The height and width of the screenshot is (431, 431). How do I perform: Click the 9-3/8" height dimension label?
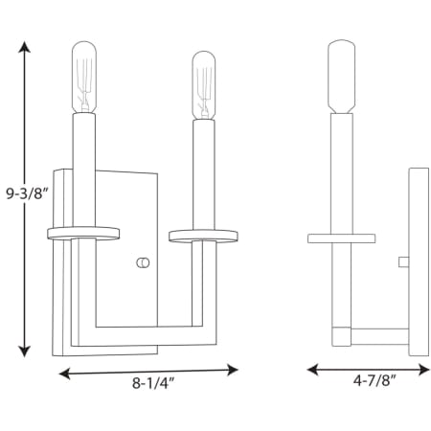(x=27, y=193)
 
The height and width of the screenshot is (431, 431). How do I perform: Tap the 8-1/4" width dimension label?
(x=153, y=383)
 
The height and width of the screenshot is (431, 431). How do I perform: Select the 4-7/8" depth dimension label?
(x=374, y=380)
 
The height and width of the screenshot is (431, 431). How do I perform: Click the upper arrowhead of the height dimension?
(x=24, y=47)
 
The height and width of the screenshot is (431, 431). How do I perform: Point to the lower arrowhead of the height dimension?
(x=24, y=352)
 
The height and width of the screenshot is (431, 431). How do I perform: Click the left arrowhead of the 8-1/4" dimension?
(x=65, y=374)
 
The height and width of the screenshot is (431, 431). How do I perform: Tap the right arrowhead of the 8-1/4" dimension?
(x=233, y=370)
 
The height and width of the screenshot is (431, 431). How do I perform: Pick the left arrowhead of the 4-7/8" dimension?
(x=313, y=370)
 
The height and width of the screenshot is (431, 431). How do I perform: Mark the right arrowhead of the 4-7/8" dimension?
(x=423, y=370)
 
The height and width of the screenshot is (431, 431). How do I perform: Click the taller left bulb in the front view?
(x=84, y=77)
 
